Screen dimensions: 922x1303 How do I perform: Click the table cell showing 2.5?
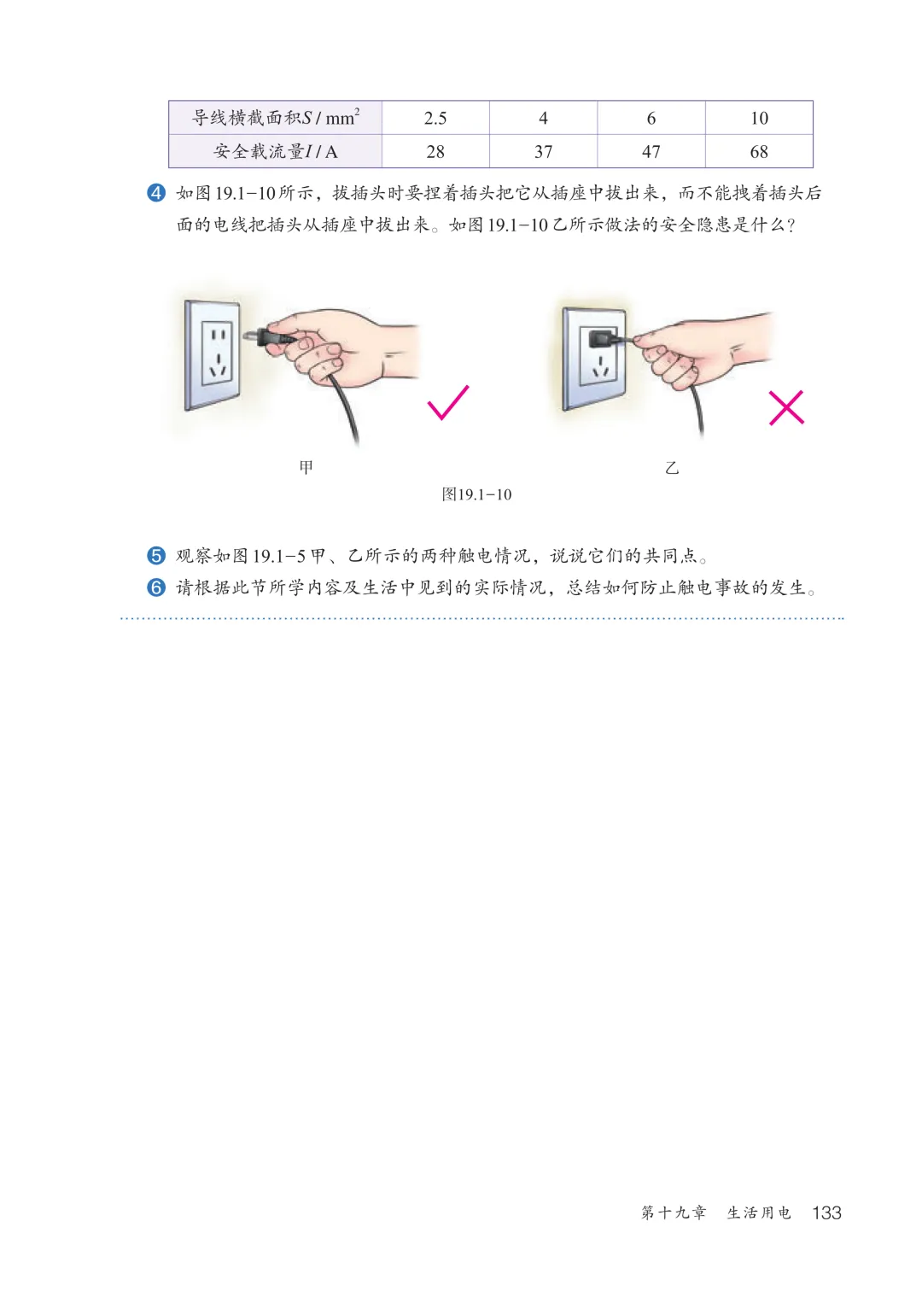coord(435,118)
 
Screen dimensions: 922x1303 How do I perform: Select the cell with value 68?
coord(759,152)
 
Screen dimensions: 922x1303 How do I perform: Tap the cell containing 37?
coord(543,152)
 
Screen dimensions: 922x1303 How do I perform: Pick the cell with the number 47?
coord(651,152)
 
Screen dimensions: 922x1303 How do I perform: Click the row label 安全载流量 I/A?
coord(275,152)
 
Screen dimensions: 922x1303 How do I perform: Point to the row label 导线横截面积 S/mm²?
coord(275,118)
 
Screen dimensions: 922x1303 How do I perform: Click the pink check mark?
coord(448,402)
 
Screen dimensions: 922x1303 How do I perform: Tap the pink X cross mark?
coord(786,408)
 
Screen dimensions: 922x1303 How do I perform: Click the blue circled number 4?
coord(156,192)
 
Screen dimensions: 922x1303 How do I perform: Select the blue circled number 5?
coord(156,556)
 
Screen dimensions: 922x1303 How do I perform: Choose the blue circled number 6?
coord(156,587)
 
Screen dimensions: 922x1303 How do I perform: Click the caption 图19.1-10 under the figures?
coord(476,494)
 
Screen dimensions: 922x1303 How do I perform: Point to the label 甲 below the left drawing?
coord(306,467)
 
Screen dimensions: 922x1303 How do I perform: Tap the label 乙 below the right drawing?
coord(672,468)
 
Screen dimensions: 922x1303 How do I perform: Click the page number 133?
coord(826,1212)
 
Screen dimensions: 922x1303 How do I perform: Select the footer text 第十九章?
coord(674,1212)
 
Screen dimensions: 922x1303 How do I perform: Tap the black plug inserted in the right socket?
coord(604,337)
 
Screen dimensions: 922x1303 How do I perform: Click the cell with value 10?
coord(759,118)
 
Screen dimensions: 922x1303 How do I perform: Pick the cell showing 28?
coord(435,152)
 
